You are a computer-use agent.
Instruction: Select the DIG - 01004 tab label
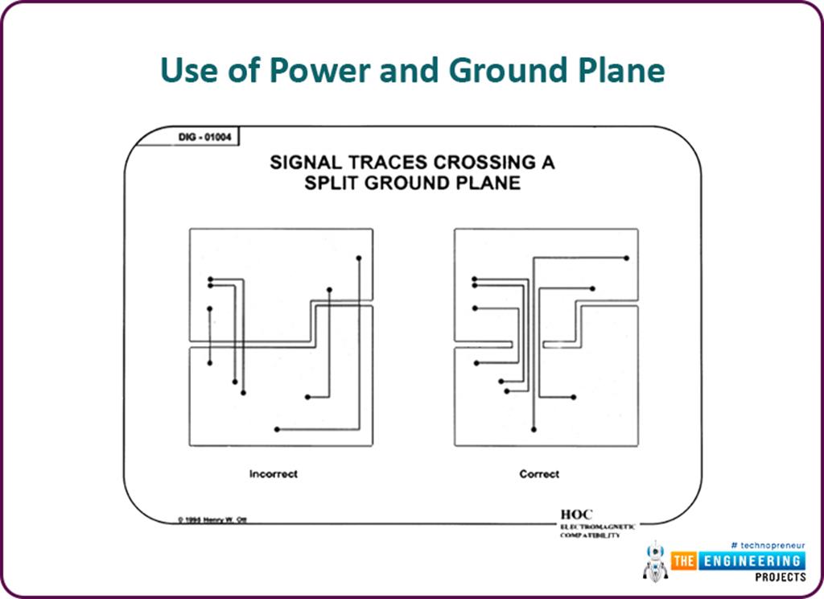[x=204, y=137]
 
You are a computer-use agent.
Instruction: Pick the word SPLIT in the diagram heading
[x=332, y=183]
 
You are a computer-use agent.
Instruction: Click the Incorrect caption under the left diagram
[x=273, y=474]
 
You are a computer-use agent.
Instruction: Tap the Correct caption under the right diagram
[x=539, y=474]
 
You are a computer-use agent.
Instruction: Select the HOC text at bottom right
[x=577, y=514]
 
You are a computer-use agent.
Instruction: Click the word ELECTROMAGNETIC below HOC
[x=597, y=526]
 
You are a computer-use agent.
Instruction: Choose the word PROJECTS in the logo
[x=780, y=577]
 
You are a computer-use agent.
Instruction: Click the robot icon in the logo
[x=656, y=561]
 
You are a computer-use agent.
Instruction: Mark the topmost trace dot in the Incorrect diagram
[x=358, y=258]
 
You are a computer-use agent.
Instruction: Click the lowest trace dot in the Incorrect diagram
[x=276, y=429]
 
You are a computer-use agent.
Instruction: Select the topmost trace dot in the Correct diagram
[x=626, y=258]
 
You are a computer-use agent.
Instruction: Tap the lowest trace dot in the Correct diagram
[x=533, y=430]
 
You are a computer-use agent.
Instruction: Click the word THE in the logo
[x=685, y=560]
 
